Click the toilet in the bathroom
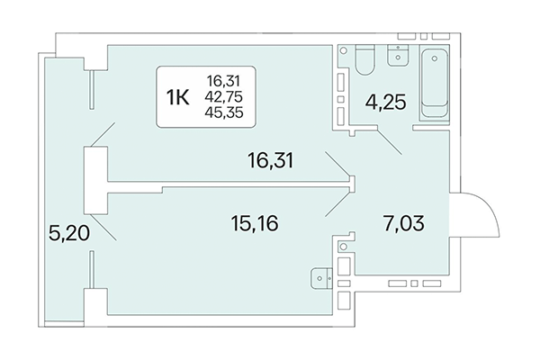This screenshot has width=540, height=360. point(362,62)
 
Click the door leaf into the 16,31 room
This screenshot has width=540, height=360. point(338,166)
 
